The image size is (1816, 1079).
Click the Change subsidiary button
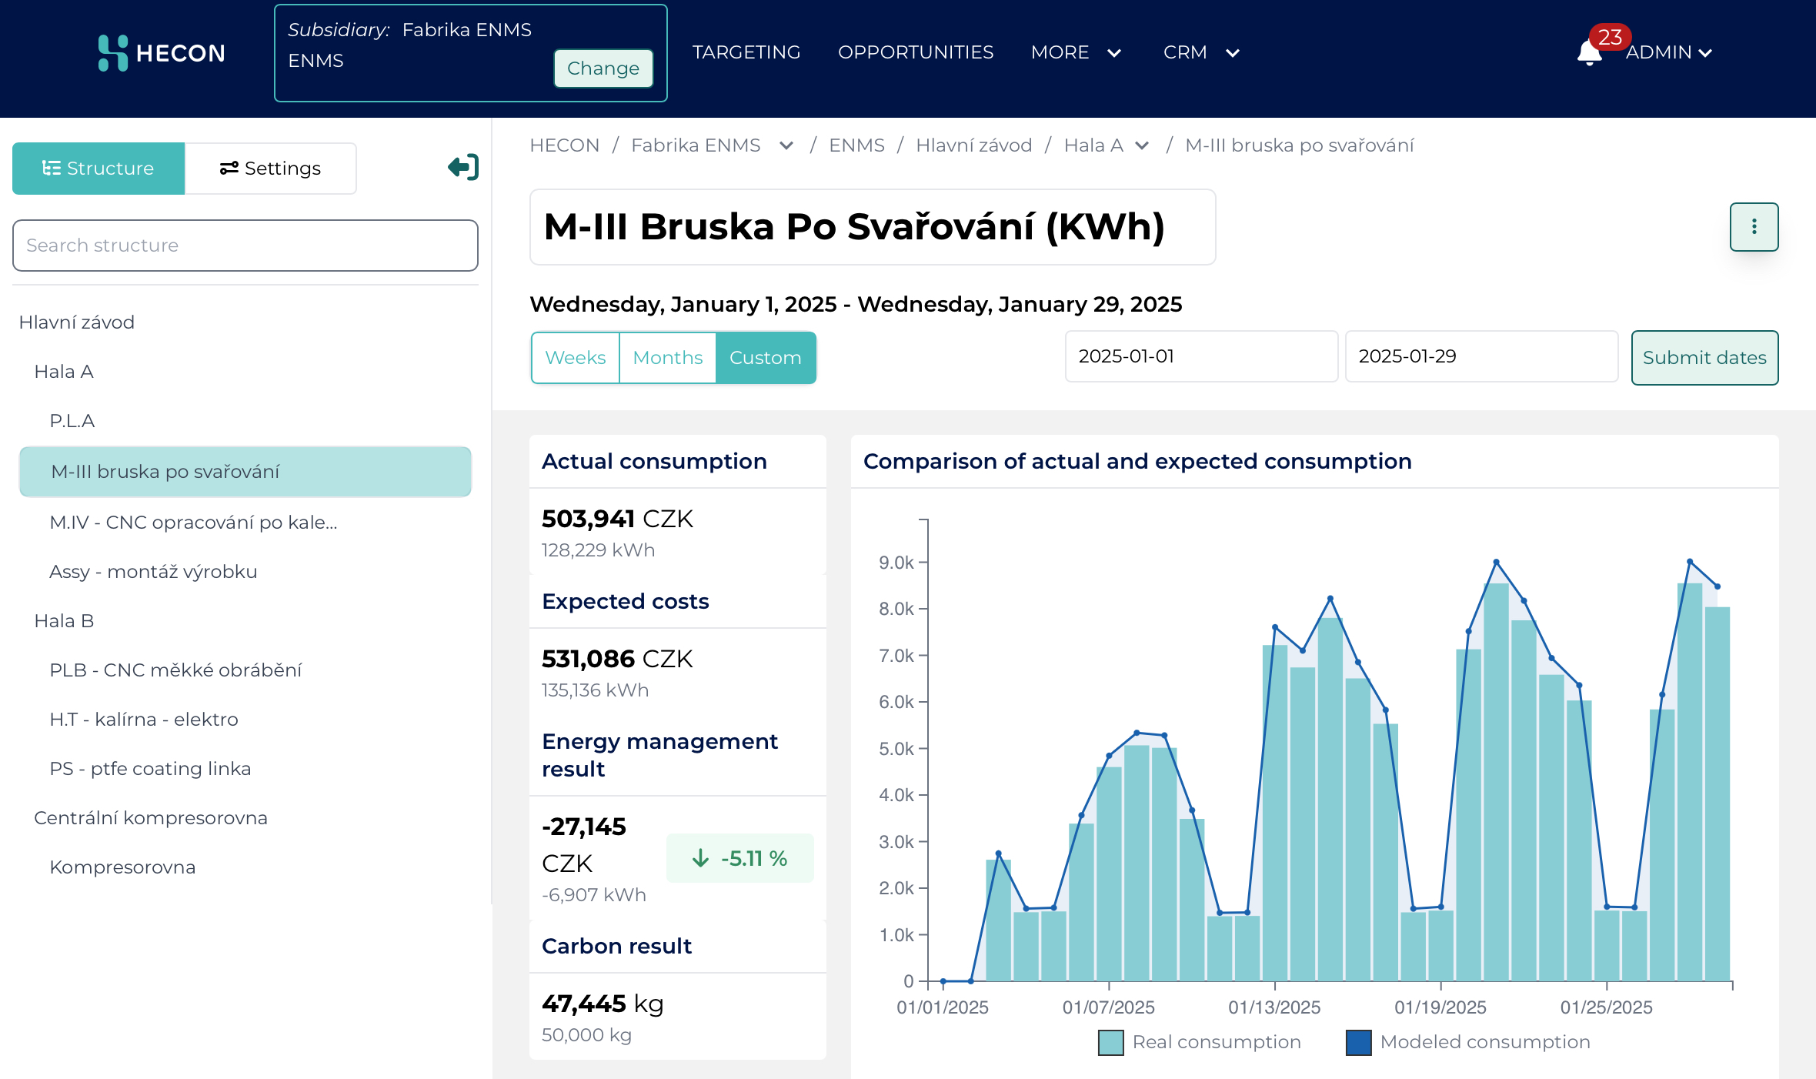pyautogui.click(x=603, y=68)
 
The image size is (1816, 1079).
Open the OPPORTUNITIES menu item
pyautogui.click(x=915, y=52)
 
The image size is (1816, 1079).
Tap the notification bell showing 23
pyautogui.click(x=1590, y=52)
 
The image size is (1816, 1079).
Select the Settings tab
pyautogui.click(x=271, y=169)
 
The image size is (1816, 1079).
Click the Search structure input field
pyautogui.click(x=245, y=246)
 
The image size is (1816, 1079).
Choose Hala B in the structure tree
pyautogui.click(x=64, y=621)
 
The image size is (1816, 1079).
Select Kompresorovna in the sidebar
pyautogui.click(x=122, y=867)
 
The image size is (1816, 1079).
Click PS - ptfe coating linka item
pyautogui.click(x=150, y=769)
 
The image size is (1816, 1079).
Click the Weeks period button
pyautogui.click(x=575, y=358)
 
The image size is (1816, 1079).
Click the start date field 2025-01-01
pyautogui.click(x=1200, y=356)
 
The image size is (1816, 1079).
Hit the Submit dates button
pyautogui.click(x=1704, y=358)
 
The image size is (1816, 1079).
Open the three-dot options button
pyautogui.click(x=1754, y=227)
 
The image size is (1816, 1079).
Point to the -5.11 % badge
pyautogui.click(x=739, y=858)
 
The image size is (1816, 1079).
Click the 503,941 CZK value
pyautogui.click(x=617, y=519)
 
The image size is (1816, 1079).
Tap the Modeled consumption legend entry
pyautogui.click(x=1468, y=1042)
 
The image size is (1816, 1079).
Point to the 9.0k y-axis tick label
pyautogui.click(x=896, y=563)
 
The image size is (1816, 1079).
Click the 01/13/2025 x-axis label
pyautogui.click(x=1274, y=1007)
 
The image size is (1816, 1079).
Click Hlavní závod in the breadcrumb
pyautogui.click(x=973, y=145)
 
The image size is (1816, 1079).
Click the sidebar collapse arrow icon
pyautogui.click(x=463, y=167)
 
